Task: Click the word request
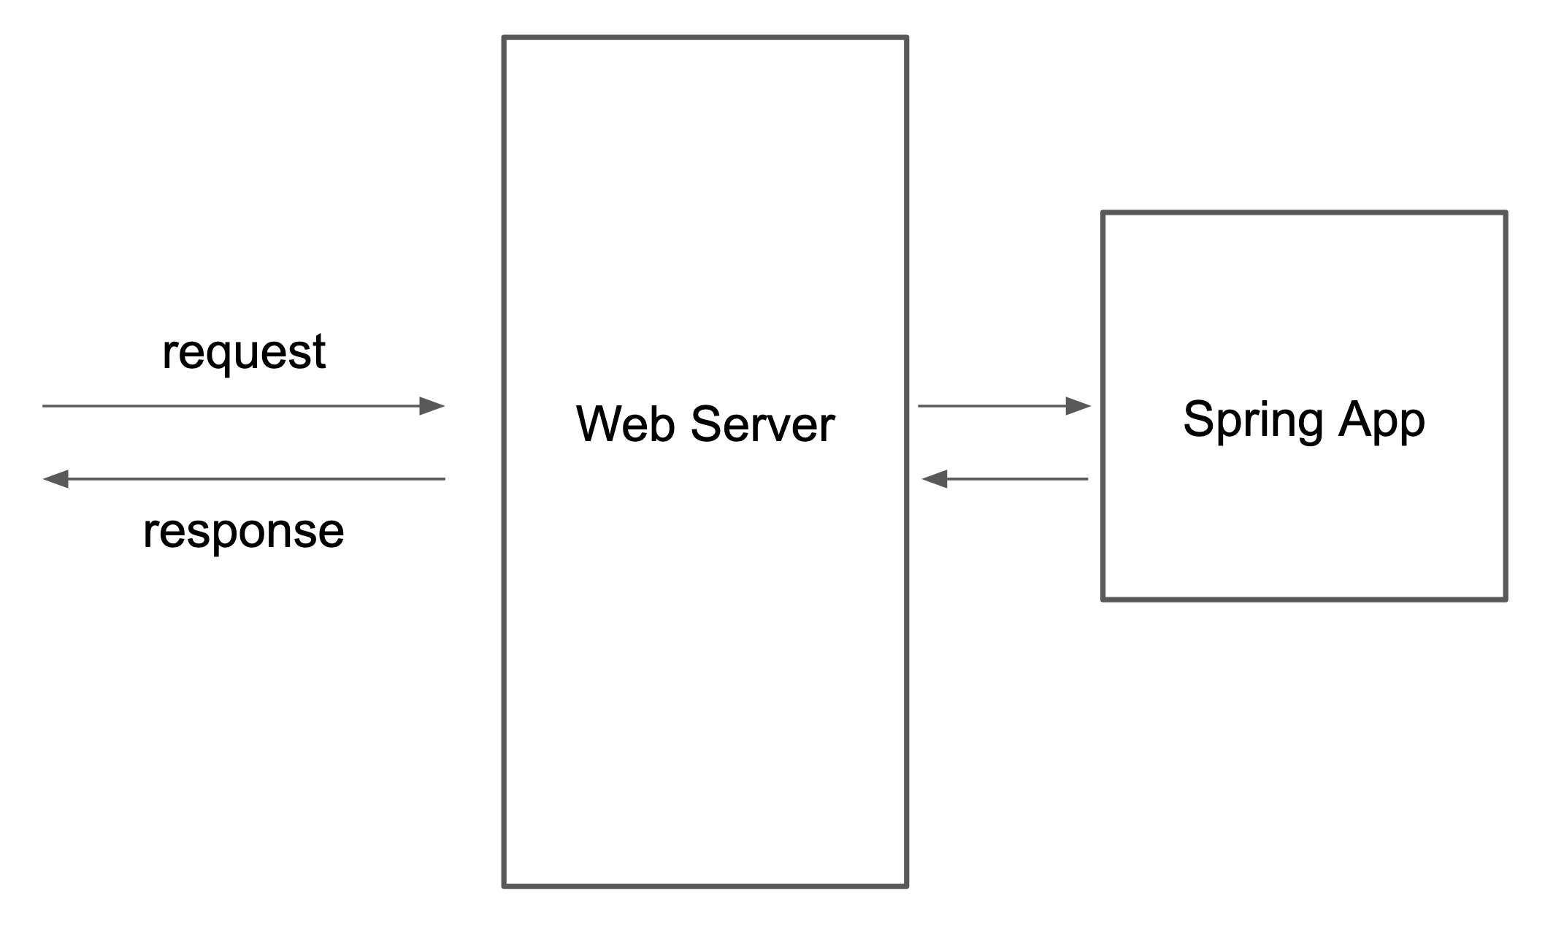(x=243, y=353)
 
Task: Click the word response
(x=243, y=532)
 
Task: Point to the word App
(x=1381, y=421)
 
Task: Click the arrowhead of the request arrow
(x=432, y=406)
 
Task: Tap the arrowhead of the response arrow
(x=55, y=479)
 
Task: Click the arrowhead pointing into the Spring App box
(x=1078, y=406)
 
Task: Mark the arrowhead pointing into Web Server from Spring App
(x=935, y=479)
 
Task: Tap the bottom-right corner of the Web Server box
(x=906, y=886)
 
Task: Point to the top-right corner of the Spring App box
(x=1506, y=213)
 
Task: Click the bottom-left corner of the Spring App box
(x=1103, y=600)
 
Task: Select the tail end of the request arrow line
(x=44, y=406)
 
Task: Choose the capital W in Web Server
(x=597, y=424)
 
